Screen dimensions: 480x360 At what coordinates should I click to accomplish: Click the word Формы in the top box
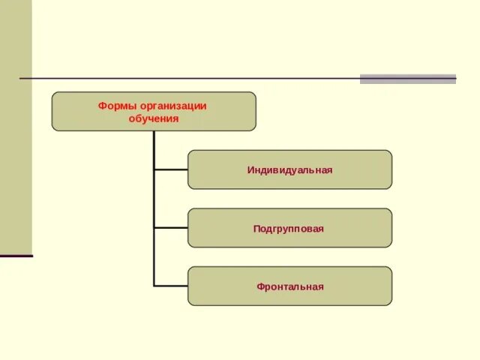pos(113,106)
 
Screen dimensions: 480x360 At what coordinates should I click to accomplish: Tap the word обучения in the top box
pos(153,118)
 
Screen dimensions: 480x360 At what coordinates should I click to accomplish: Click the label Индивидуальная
pos(289,170)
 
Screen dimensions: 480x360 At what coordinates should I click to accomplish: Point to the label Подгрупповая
pos(289,228)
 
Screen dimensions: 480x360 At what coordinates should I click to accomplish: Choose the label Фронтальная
pos(289,286)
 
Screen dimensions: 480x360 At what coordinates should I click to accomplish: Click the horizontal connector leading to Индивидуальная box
pos(170,169)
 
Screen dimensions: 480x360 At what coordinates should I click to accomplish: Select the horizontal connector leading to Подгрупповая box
pos(170,227)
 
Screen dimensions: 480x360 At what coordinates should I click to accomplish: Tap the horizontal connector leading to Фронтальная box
pos(170,286)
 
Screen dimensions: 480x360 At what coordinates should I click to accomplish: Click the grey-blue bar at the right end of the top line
pos(407,79)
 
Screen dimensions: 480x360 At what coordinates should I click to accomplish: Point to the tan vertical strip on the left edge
pos(16,127)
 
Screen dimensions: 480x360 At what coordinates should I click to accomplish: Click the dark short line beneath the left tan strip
pos(16,256)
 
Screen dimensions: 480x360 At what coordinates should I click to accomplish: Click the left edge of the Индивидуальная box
pos(188,169)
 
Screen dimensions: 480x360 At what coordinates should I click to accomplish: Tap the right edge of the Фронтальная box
pos(391,286)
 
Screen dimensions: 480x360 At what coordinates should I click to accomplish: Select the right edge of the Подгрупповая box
pos(391,228)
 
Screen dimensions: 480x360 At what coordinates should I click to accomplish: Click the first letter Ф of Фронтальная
pos(259,286)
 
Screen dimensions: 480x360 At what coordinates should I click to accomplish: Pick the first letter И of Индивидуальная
pos(250,170)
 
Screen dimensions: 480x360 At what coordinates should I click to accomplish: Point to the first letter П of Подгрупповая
pos(256,228)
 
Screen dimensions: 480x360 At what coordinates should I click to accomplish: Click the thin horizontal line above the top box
pos(187,78)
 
